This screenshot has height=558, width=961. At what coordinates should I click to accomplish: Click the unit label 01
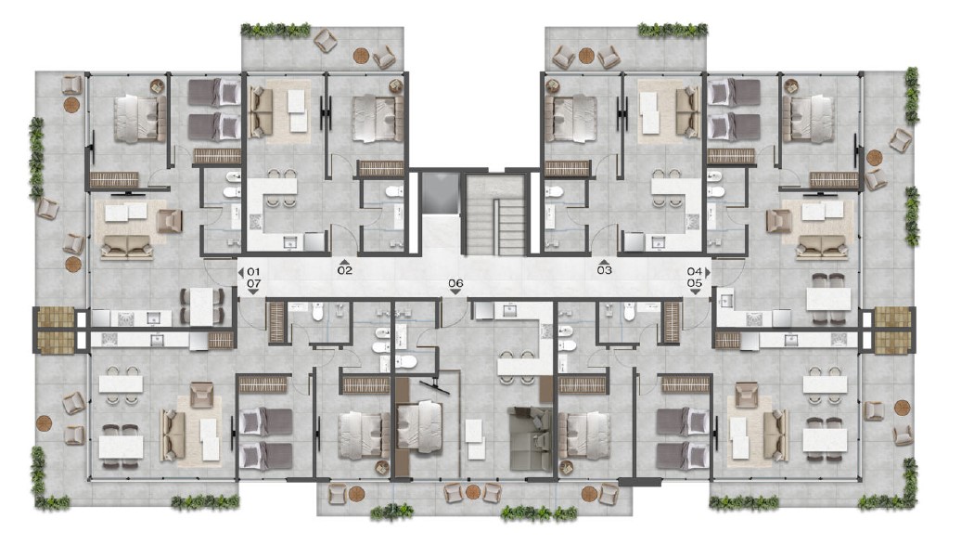pyautogui.click(x=254, y=272)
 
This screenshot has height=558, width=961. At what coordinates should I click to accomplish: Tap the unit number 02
pyautogui.click(x=345, y=270)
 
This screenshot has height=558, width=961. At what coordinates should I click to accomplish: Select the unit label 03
pyautogui.click(x=604, y=270)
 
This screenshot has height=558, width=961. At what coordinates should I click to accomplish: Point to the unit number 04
pyautogui.click(x=695, y=271)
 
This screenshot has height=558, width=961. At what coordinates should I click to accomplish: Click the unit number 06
pyautogui.click(x=455, y=283)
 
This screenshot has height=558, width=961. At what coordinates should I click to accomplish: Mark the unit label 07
pyautogui.click(x=254, y=284)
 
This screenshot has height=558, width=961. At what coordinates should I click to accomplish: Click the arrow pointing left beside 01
pyautogui.click(x=241, y=272)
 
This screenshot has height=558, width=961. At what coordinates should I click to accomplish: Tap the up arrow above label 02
pyautogui.click(x=345, y=262)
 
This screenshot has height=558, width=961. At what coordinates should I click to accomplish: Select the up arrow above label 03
pyautogui.click(x=604, y=261)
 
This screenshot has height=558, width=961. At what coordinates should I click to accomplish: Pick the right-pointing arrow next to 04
pyautogui.click(x=708, y=271)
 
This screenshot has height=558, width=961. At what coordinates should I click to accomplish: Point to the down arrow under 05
pyautogui.click(x=695, y=292)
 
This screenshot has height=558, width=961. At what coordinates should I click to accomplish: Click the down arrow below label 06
pyautogui.click(x=455, y=292)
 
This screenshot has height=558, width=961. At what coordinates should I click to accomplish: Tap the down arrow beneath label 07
pyautogui.click(x=254, y=292)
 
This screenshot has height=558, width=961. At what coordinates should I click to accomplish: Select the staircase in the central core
pyautogui.click(x=495, y=214)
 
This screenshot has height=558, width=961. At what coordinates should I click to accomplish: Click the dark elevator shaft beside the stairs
pyautogui.click(x=440, y=192)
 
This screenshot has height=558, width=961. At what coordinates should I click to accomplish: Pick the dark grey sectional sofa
pyautogui.click(x=531, y=438)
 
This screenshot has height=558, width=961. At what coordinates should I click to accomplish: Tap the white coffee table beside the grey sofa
pyautogui.click(x=474, y=439)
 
